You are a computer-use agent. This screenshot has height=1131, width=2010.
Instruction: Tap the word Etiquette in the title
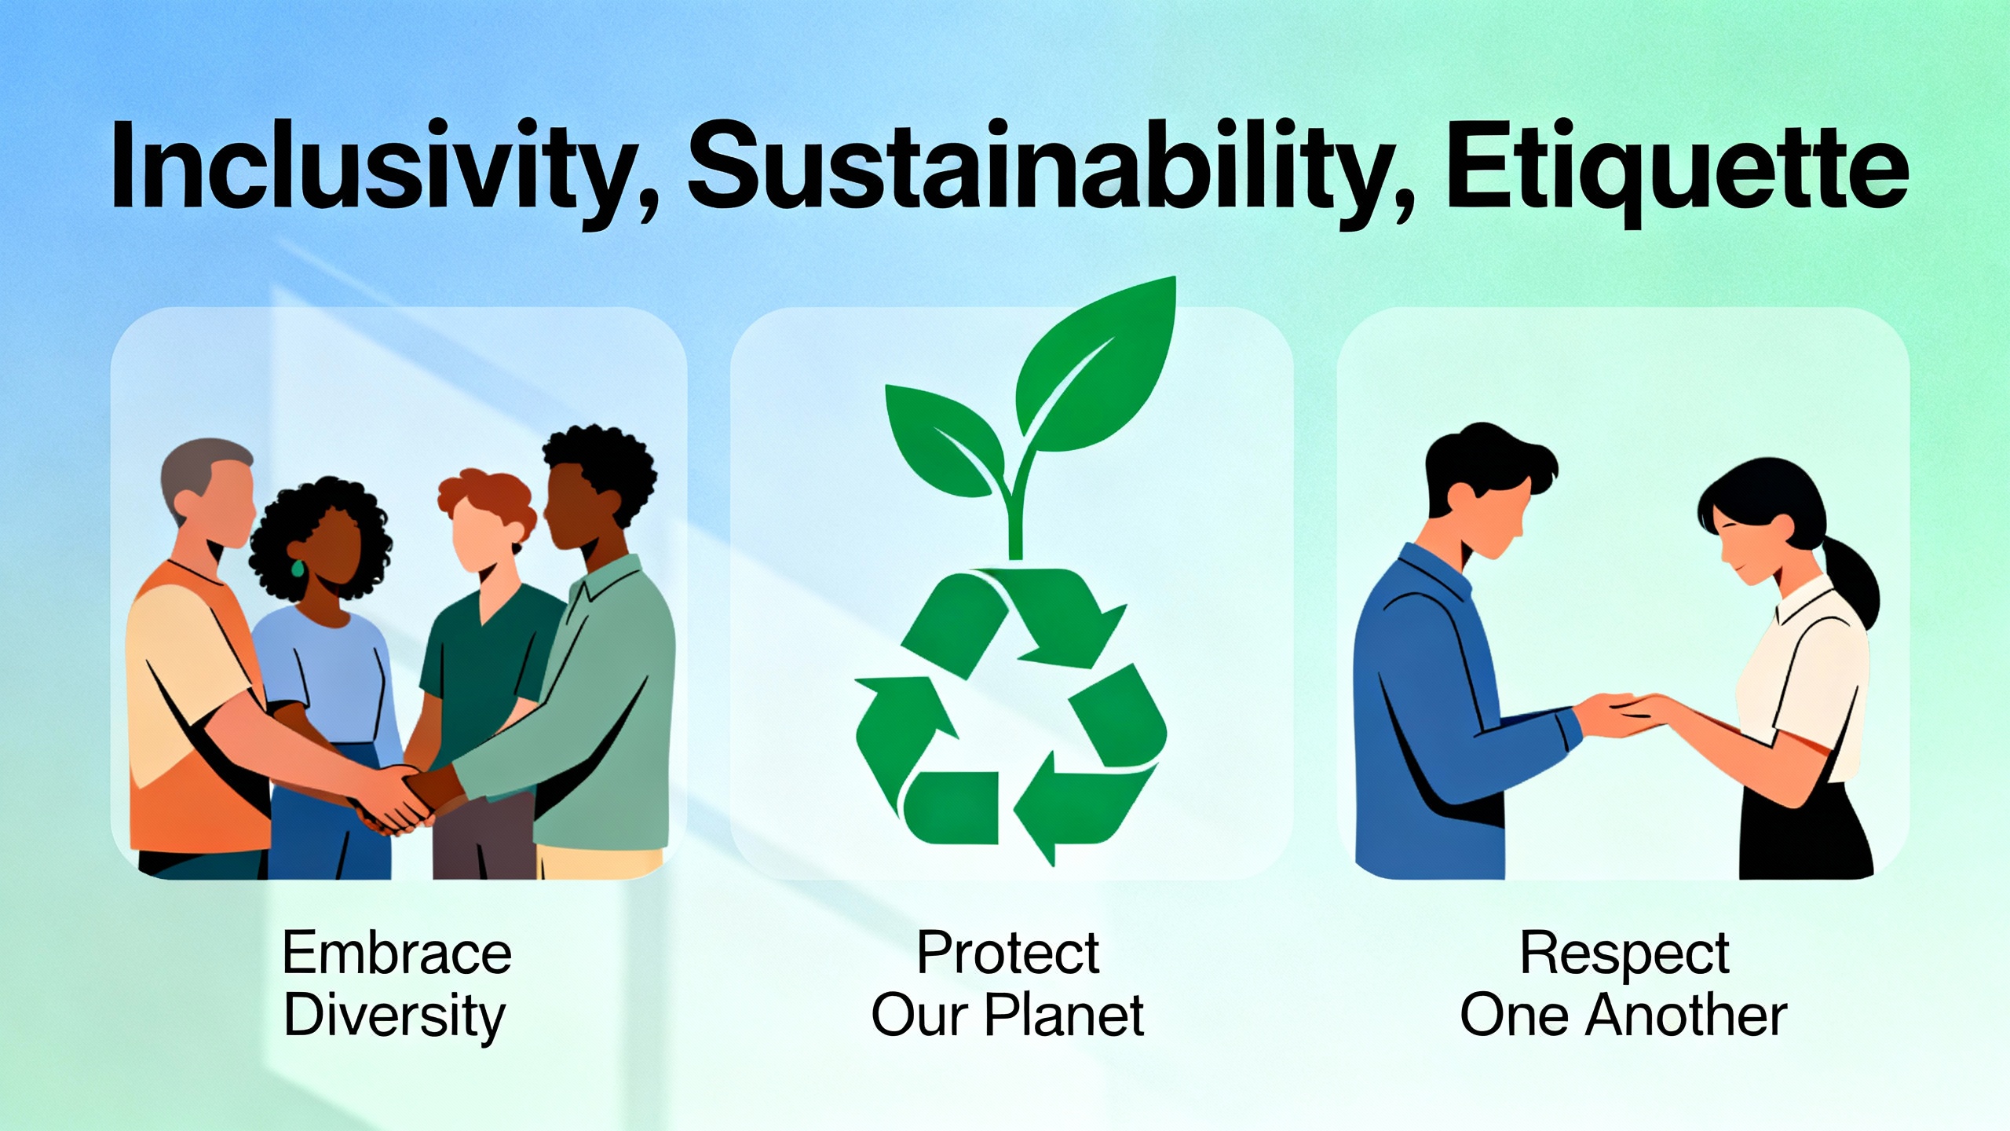click(1679, 170)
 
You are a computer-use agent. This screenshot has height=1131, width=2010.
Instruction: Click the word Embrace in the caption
click(397, 953)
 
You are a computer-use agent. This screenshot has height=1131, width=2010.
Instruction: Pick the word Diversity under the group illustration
click(395, 1016)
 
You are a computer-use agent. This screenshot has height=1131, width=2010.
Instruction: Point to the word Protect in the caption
click(1007, 953)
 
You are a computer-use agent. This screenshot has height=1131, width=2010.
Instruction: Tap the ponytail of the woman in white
click(1851, 585)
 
